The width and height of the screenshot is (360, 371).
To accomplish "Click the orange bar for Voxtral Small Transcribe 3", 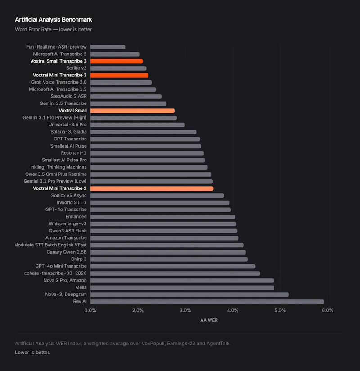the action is point(117,61).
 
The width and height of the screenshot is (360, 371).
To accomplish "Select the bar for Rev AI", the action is point(207,302).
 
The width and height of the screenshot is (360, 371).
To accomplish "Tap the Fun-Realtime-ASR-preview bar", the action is point(108,47).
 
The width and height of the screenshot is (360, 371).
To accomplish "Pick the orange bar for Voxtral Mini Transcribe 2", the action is point(152,188).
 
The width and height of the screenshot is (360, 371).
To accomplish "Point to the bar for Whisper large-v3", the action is point(163,224).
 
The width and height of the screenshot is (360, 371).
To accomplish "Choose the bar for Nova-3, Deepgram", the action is point(190,295).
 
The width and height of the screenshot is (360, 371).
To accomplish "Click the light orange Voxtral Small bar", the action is point(132,111).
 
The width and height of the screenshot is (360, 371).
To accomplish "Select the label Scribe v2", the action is point(76,68).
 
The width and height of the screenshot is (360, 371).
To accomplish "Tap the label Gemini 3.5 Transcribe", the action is point(63,103).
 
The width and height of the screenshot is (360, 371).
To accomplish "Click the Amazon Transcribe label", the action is point(66,238).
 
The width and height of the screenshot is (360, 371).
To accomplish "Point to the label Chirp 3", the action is point(79,259).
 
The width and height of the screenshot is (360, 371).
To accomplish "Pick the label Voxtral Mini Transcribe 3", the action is point(60,75).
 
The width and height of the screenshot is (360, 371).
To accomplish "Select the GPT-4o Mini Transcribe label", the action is point(61,266).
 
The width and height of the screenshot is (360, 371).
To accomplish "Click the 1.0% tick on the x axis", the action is point(90,310).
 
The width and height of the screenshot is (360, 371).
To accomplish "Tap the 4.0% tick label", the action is point(233,310).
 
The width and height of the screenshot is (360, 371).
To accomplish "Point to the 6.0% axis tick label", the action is point(328,310).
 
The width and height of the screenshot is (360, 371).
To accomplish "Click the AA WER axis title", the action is point(209,320).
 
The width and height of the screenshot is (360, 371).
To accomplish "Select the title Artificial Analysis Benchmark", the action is point(53,20).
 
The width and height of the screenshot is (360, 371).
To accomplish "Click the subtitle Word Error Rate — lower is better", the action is point(53,30).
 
